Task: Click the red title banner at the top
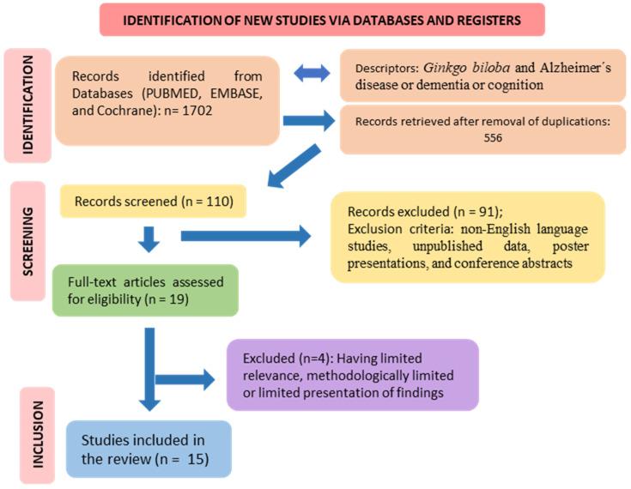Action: [322, 20]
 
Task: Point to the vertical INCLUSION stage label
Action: [37, 435]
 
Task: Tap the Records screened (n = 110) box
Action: [153, 202]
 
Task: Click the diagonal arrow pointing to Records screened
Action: [294, 167]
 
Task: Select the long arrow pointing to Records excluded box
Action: [245, 236]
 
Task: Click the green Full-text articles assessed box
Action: [144, 289]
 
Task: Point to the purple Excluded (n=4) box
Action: [352, 374]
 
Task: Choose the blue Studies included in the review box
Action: [148, 448]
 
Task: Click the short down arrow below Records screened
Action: [149, 238]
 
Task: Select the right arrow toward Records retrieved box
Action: [309, 123]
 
